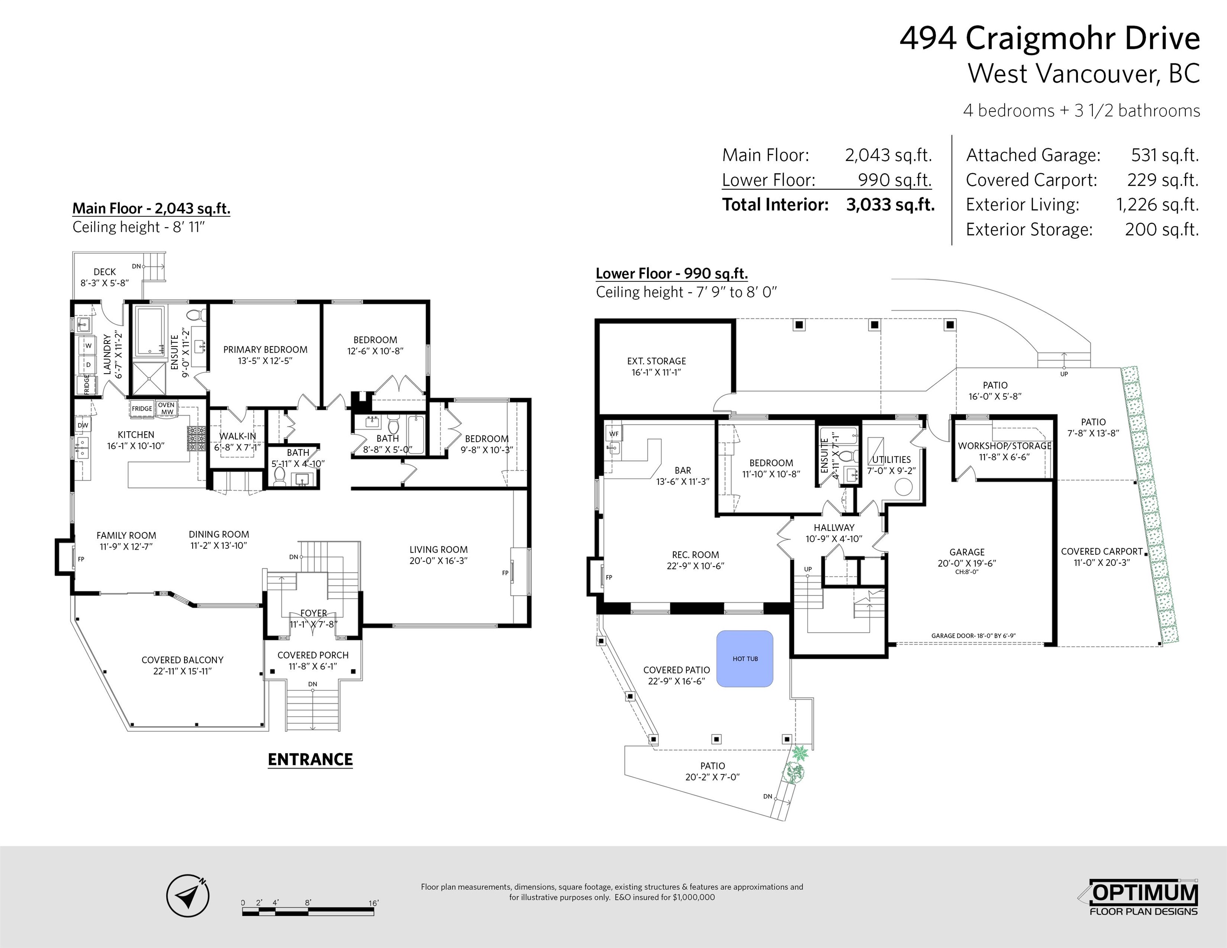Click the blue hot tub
pos(745,658)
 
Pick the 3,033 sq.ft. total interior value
pos(890,204)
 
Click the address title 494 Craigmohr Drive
pos(1050,38)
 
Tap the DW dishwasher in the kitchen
pos(83,425)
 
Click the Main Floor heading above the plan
pos(151,208)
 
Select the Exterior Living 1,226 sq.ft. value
pos(1157,204)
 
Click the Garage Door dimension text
pos(973,636)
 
